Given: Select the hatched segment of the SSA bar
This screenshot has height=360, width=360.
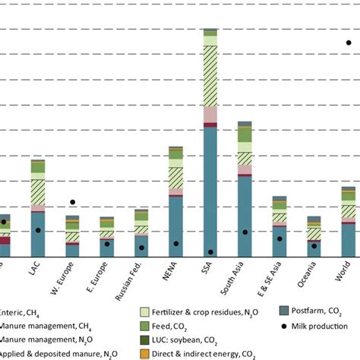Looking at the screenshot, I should pyautogui.click(x=210, y=76).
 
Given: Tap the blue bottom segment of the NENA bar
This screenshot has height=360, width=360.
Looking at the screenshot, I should pyautogui.click(x=175, y=228).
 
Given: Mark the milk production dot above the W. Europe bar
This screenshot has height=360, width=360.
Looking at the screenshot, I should pyautogui.click(x=73, y=202).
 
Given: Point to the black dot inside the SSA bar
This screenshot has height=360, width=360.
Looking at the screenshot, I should pyautogui.click(x=210, y=252).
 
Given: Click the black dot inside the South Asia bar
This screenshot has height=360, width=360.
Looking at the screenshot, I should pyautogui.click(x=245, y=232).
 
